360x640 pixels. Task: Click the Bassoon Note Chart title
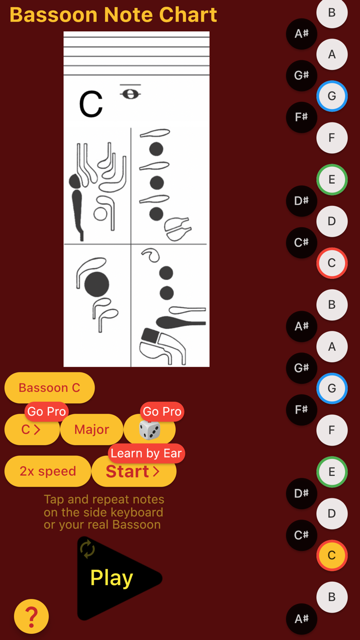(113, 15)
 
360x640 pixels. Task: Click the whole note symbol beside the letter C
(130, 94)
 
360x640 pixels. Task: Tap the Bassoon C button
(49, 388)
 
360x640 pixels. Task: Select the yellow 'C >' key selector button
(31, 430)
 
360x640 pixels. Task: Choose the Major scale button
(92, 430)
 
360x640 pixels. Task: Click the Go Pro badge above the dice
(162, 412)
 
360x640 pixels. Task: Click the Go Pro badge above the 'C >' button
(46, 412)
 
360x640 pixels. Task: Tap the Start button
(133, 471)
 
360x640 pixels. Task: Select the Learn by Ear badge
(146, 453)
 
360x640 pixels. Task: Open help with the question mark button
(31, 616)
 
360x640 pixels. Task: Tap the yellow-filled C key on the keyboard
(332, 555)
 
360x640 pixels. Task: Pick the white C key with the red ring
(332, 263)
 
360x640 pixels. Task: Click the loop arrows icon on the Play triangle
(87, 549)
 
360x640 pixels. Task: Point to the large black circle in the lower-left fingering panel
(97, 284)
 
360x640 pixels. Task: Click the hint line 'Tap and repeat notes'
(104, 500)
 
